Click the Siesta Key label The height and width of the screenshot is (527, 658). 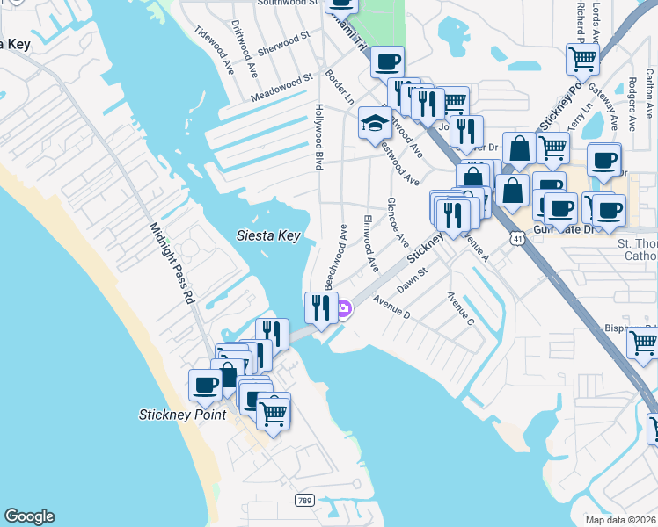270,235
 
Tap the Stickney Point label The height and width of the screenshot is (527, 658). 182,415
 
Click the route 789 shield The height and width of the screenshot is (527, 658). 304,499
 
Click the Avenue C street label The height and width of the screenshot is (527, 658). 460,309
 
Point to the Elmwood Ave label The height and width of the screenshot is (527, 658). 370,242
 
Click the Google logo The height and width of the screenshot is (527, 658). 29,516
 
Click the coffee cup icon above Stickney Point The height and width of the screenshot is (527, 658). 206,385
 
